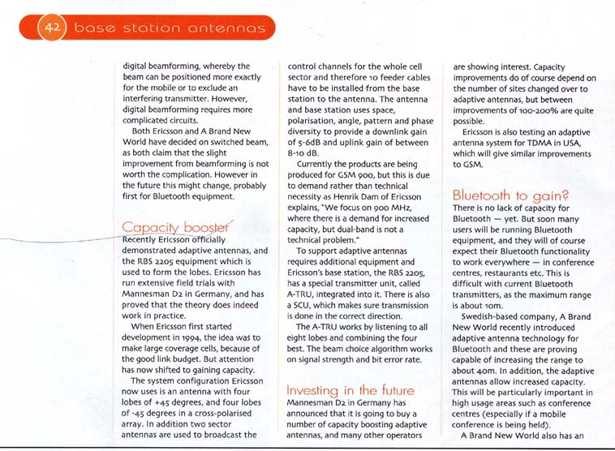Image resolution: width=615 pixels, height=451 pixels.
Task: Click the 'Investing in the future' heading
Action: click(351, 390)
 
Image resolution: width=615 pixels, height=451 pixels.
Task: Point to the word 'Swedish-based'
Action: click(493, 320)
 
